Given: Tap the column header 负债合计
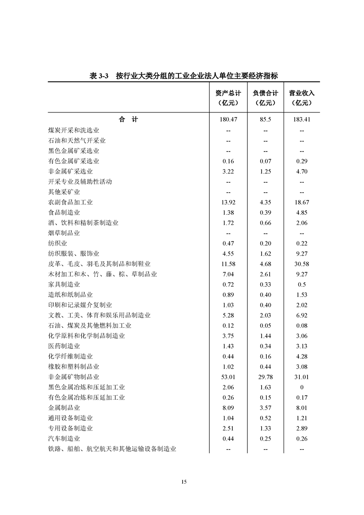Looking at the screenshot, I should pyautogui.click(x=265, y=93).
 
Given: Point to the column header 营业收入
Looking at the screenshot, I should pyautogui.click(x=302, y=93).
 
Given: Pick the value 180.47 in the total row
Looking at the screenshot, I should pyautogui.click(x=228, y=120).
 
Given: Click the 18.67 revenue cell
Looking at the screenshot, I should pyautogui.click(x=302, y=202).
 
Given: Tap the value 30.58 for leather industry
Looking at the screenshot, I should pyautogui.click(x=302, y=264).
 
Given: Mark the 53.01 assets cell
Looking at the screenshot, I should pyautogui.click(x=228, y=377).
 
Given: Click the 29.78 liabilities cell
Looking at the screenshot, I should pyautogui.click(x=265, y=377).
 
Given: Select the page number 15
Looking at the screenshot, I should pyautogui.click(x=184, y=481).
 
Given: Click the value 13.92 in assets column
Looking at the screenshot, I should pyautogui.click(x=228, y=202).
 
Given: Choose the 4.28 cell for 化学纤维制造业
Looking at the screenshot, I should pyautogui.click(x=302, y=356).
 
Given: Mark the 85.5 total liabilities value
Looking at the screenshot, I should pyautogui.click(x=265, y=120).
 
